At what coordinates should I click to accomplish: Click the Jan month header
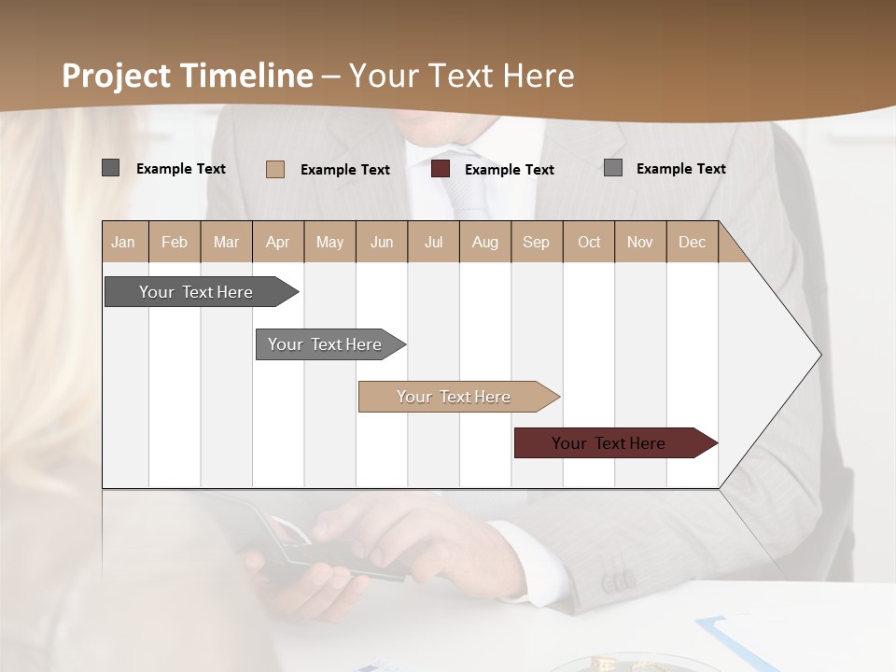coord(123,242)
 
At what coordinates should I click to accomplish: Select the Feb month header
coord(175,242)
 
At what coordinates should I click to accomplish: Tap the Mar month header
coord(226,242)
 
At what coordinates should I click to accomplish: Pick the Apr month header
coord(278,242)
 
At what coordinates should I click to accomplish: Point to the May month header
coord(329,242)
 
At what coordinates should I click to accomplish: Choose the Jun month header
coord(382,242)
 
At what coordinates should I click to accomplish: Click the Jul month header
coord(433,242)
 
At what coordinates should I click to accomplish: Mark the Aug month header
coord(485,242)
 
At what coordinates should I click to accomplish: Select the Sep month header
coord(537,242)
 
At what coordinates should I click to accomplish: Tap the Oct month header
coord(589,242)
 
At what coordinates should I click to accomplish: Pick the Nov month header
coord(640,242)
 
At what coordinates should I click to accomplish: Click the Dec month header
coord(693,242)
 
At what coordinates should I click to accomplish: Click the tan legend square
coord(275,169)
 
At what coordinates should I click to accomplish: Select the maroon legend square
coord(441,169)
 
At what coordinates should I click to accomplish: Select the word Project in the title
coord(117,76)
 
